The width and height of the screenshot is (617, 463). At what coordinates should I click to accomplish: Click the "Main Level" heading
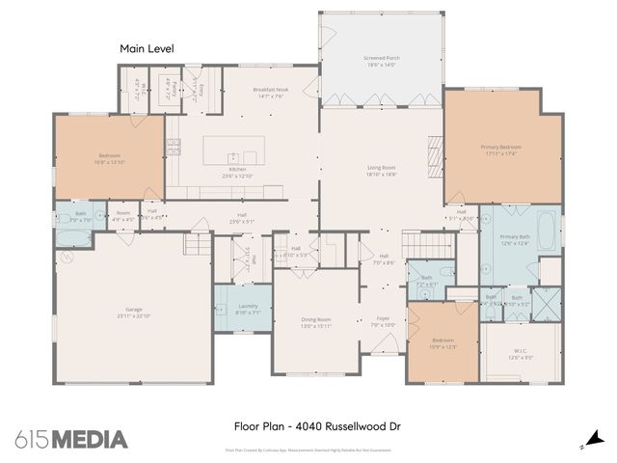pos(144,47)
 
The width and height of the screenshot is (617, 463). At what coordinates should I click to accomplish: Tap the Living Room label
pos(380,171)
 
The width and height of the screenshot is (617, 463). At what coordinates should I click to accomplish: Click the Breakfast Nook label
pos(271,93)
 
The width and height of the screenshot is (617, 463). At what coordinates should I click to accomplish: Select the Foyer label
pos(383,321)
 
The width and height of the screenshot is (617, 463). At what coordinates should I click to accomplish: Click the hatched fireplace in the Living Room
pos(434,151)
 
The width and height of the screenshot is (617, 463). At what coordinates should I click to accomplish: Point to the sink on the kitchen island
pos(232,156)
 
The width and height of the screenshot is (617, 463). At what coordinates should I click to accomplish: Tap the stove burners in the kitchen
pos(174,147)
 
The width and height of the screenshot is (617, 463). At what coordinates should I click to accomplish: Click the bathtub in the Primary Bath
pos(545,231)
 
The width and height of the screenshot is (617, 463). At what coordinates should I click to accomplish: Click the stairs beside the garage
pos(197,247)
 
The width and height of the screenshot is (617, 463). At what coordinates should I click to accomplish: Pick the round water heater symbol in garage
pos(67,258)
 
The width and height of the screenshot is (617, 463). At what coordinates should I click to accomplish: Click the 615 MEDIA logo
pos(71,439)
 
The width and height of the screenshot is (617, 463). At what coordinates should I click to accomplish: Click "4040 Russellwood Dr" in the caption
pos(339,424)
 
